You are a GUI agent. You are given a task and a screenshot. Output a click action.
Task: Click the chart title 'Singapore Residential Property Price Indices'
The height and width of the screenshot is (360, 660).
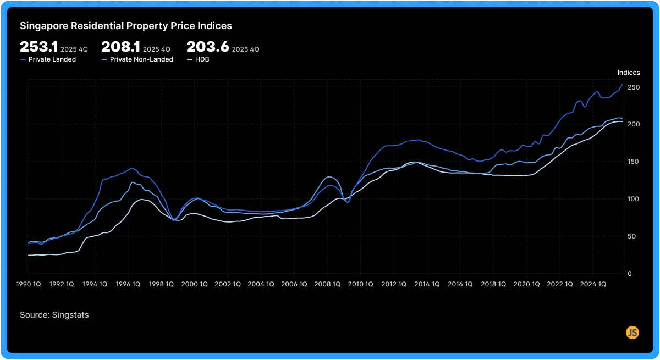click(126, 26)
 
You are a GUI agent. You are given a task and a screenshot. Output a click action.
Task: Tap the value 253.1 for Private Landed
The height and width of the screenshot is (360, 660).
click(38, 47)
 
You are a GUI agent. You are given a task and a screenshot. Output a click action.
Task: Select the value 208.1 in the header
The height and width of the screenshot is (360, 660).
click(120, 47)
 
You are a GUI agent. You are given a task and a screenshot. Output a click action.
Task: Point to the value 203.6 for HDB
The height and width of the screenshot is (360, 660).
click(207, 47)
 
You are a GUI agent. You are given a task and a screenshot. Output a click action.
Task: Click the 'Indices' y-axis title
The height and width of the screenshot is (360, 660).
click(629, 73)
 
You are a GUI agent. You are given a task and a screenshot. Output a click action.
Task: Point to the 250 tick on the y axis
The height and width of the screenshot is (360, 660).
click(634, 87)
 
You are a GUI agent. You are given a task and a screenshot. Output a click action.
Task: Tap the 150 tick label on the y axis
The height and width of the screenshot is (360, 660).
click(634, 162)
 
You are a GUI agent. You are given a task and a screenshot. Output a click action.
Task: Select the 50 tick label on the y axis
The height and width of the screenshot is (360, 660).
click(631, 236)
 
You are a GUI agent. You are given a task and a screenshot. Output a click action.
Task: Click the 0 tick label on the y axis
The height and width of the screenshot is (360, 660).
click(629, 273)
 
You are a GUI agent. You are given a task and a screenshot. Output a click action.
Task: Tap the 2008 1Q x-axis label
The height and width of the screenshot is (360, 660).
click(327, 284)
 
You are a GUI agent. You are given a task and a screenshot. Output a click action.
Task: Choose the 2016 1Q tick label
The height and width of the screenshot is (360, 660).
click(460, 284)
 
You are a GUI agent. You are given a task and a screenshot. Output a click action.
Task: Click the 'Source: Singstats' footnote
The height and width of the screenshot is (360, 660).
click(54, 315)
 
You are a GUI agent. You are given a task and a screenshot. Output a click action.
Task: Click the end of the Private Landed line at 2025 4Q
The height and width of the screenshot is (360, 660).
click(622, 85)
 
